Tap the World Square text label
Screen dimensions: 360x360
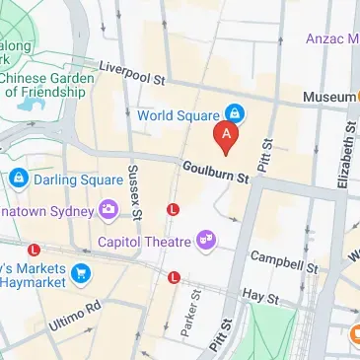183,115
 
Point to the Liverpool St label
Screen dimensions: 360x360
133,72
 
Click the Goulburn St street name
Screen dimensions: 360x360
216,174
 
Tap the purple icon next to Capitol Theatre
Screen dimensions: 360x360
206,239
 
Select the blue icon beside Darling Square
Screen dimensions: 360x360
18,180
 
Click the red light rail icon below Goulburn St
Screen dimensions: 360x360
174,209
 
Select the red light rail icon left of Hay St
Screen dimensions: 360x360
175,277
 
